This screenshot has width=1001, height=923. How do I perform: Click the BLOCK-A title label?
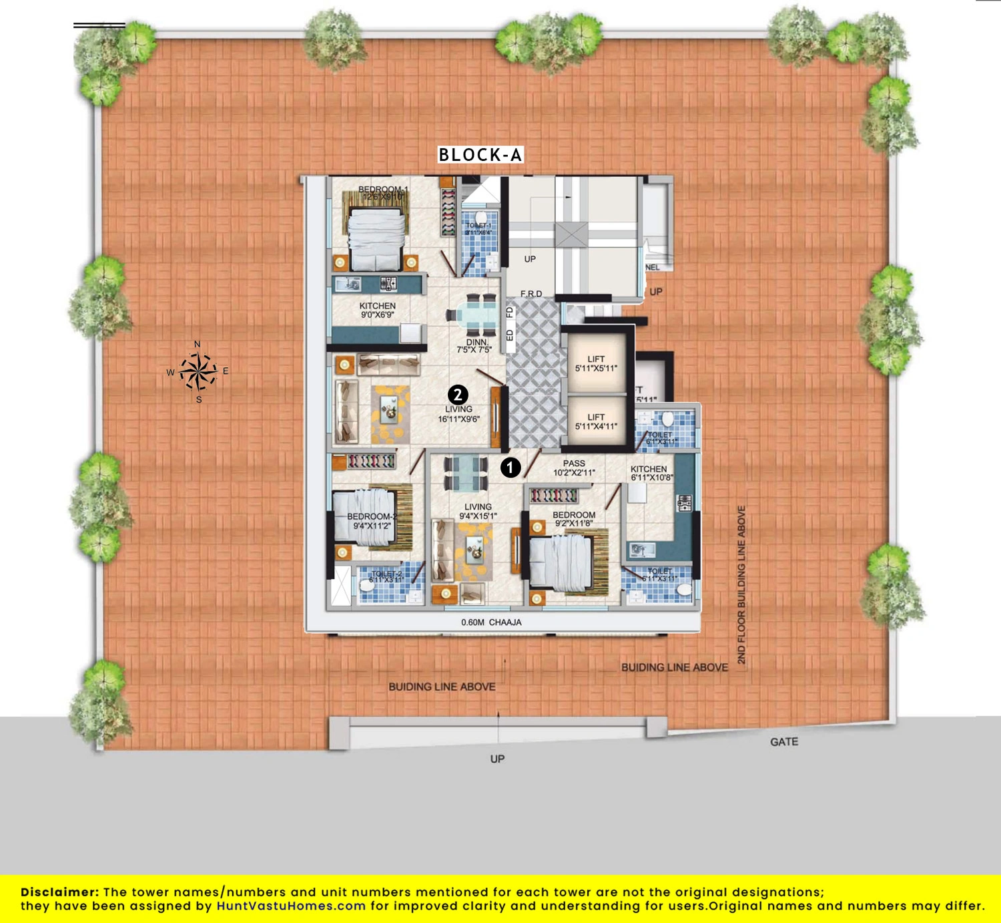(480, 155)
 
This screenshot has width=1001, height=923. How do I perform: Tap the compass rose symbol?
(198, 371)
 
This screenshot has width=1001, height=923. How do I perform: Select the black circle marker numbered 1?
(511, 468)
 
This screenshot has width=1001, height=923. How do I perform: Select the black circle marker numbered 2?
(458, 395)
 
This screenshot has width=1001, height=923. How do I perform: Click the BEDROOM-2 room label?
(372, 521)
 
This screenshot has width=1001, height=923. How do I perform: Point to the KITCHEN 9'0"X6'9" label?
(378, 310)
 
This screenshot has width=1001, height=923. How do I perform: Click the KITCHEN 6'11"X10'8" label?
(651, 473)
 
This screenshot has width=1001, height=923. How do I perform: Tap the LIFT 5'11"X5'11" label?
(596, 363)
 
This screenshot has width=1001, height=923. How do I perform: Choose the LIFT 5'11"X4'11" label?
(596, 421)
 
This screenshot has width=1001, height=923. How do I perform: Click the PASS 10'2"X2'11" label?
(574, 468)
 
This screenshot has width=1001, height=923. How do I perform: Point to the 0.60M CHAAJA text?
(491, 622)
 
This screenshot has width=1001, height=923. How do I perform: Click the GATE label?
(783, 742)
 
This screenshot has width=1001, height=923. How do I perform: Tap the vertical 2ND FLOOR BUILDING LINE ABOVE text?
(741, 584)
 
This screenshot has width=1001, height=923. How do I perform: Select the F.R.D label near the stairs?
(531, 294)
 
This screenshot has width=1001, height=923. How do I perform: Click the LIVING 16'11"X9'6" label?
(458, 414)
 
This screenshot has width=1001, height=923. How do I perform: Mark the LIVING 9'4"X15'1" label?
(478, 511)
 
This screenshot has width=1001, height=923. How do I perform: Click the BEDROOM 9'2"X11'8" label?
(574, 519)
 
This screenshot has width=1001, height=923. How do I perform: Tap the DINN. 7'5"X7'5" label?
(474, 346)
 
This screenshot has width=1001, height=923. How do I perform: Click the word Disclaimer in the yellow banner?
(59, 892)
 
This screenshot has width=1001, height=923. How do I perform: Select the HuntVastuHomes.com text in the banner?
(291, 906)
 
